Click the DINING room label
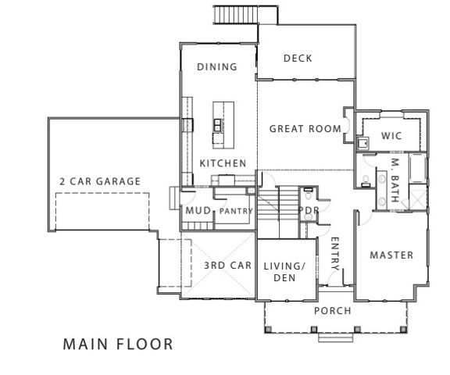[x=216, y=67]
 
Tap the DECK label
[x=298, y=58]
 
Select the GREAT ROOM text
[x=305, y=129]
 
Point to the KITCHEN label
[x=223, y=163]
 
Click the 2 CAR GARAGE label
[x=100, y=181]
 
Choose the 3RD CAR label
[x=227, y=266]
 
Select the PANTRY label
[x=234, y=212]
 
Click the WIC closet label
[x=391, y=136]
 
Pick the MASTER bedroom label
[x=391, y=255]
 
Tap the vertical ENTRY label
[x=334, y=254]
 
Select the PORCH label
[x=332, y=311]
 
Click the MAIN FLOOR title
[x=117, y=344]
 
